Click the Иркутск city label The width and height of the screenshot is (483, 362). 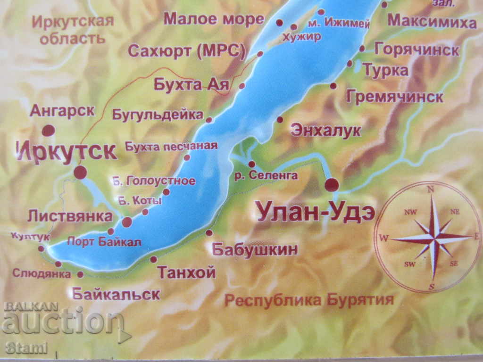[x=67, y=151]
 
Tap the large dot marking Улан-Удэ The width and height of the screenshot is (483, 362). [x=332, y=184]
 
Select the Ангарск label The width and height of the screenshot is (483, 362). [x=62, y=111]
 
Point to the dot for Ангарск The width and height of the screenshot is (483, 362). [x=48, y=131]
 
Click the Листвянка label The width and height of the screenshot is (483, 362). [x=70, y=216]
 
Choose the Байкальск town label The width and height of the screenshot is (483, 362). [x=116, y=294]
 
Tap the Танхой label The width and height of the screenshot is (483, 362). [x=186, y=272]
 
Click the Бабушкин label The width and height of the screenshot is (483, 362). [x=255, y=249]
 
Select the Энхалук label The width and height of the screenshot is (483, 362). [x=326, y=130]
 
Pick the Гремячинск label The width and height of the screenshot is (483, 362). [x=394, y=97]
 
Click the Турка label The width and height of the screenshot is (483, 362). [x=385, y=71]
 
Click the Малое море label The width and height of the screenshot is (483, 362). [x=214, y=19]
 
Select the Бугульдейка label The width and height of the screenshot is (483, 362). [x=158, y=114]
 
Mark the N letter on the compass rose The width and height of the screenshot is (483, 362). [x=430, y=189]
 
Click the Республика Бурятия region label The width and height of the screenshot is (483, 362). [x=308, y=300]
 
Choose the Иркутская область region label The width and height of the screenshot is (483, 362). [x=73, y=29]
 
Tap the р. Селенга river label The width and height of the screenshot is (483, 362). [x=266, y=176]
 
